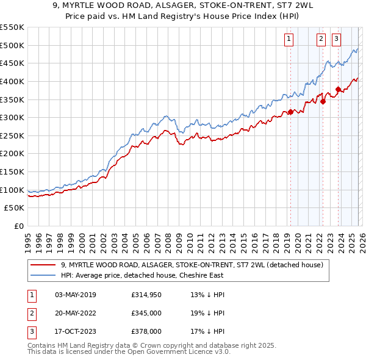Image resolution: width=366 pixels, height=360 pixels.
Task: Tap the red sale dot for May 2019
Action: [x=291, y=112]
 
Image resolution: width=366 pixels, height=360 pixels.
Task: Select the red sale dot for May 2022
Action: [x=323, y=101]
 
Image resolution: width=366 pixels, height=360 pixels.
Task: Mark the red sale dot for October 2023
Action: [x=338, y=89]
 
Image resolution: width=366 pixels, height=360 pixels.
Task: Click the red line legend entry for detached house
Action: [x=195, y=265]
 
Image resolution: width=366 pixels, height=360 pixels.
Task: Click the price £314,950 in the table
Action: [x=146, y=295]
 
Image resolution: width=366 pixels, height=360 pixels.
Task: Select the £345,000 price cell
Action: [x=146, y=313]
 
